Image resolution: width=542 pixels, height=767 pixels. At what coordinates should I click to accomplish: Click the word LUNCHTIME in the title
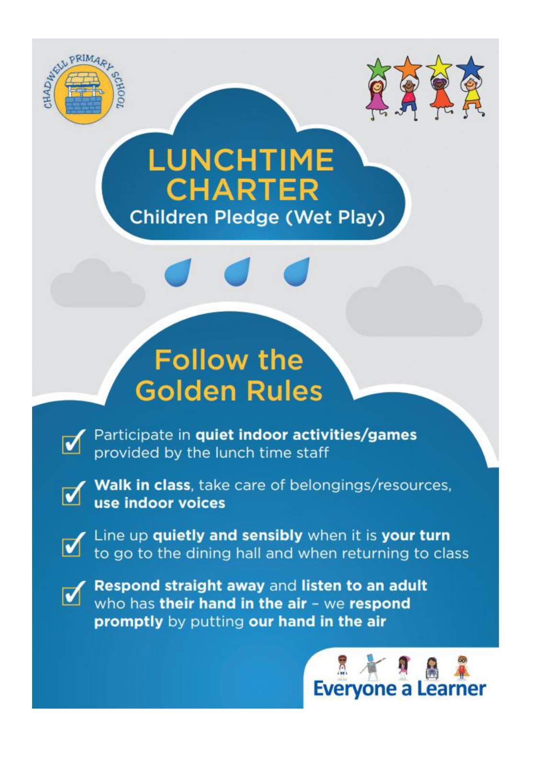[x=241, y=160]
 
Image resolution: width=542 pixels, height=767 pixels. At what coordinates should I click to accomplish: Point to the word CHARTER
[x=244, y=190]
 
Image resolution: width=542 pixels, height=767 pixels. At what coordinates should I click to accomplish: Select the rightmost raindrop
[x=297, y=272]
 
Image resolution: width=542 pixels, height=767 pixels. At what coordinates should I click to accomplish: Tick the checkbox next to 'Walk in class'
[x=72, y=494]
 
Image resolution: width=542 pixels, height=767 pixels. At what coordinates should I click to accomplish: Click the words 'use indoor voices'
[x=160, y=503]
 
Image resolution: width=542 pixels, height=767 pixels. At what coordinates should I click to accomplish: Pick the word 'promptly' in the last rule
[x=129, y=622]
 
